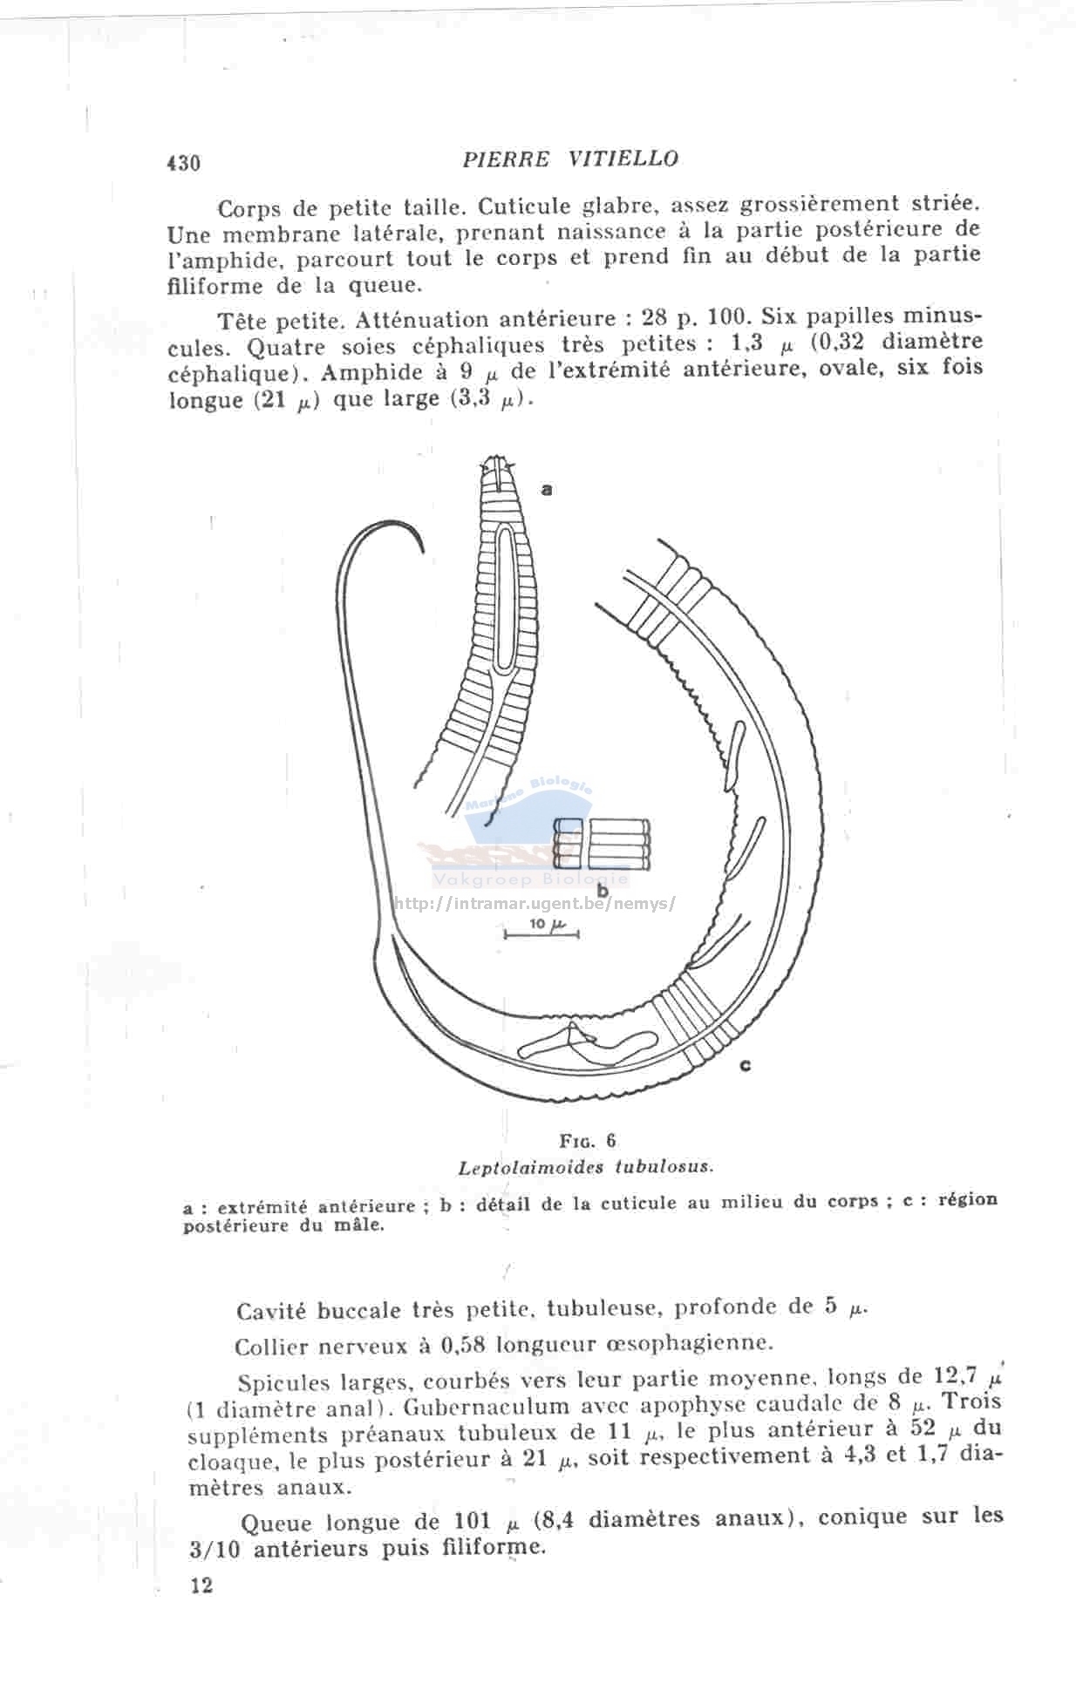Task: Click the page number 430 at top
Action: [183, 163]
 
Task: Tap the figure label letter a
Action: [547, 489]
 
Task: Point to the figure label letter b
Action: [602, 891]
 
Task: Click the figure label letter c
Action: [746, 1064]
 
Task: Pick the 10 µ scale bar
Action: [541, 933]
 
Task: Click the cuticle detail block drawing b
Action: [603, 843]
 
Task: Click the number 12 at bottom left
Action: [201, 1585]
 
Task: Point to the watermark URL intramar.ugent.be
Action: [534, 904]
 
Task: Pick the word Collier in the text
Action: [271, 1347]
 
